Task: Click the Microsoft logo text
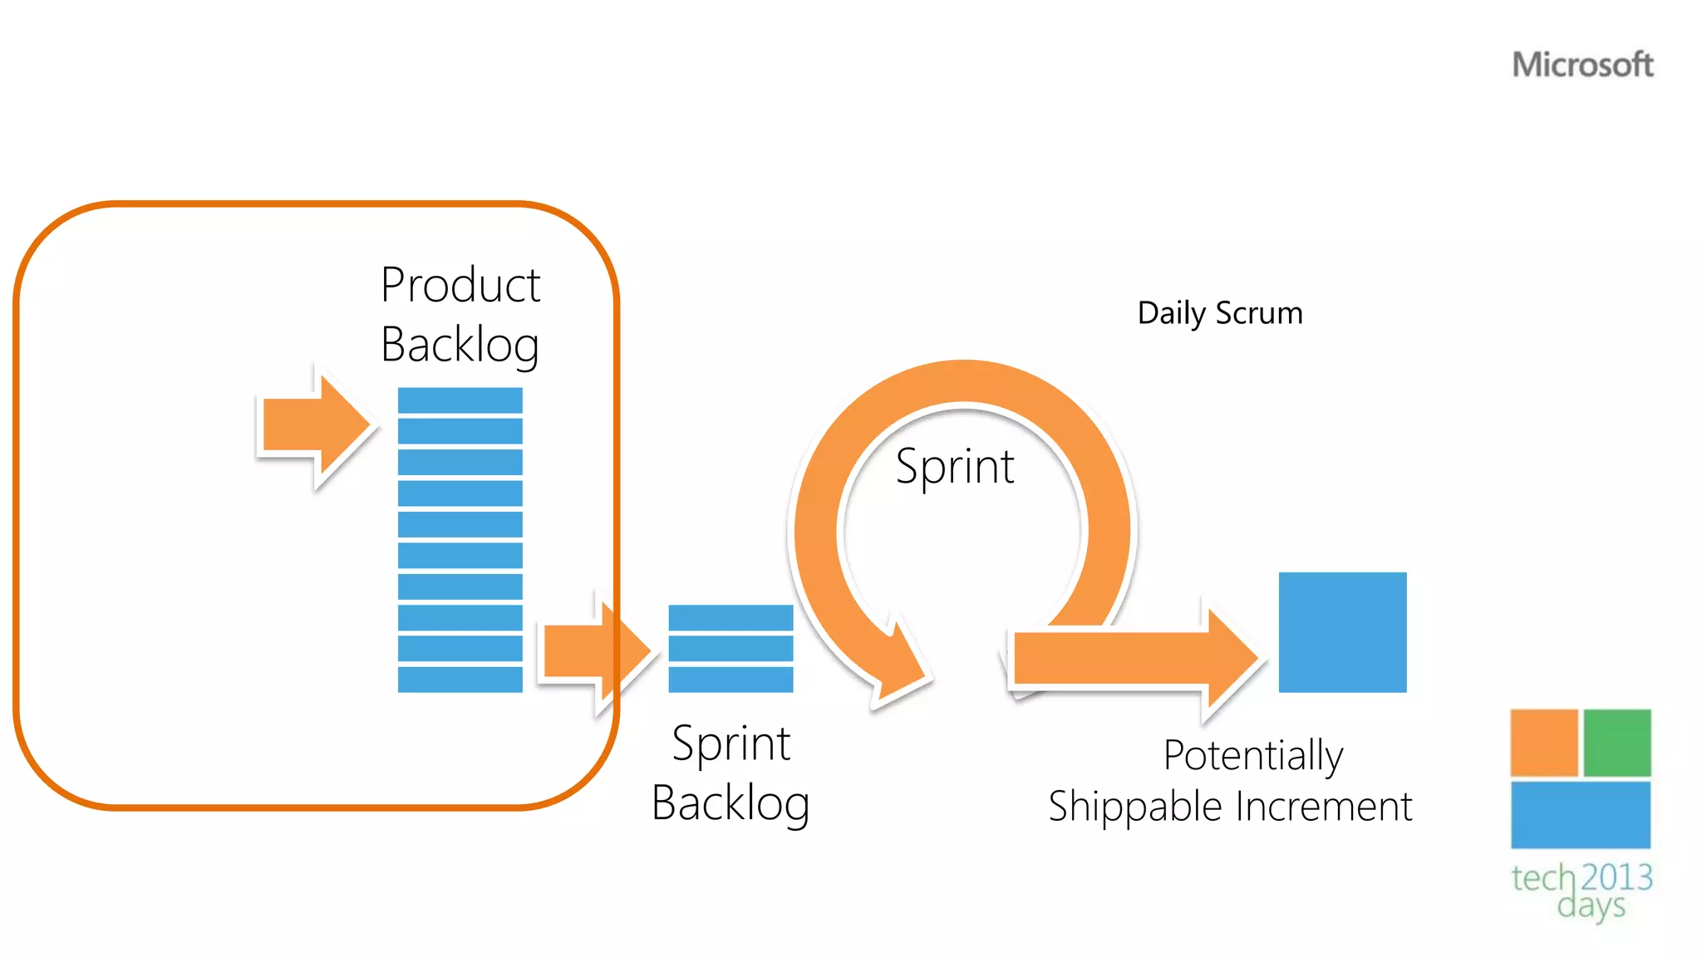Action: click(x=1581, y=65)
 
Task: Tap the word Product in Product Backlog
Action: click(x=460, y=285)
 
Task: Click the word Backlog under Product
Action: click(x=460, y=345)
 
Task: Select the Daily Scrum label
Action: click(x=1219, y=313)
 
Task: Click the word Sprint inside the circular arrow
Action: click(x=955, y=466)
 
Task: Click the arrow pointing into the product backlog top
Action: click(x=314, y=426)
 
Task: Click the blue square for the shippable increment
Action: click(x=1342, y=632)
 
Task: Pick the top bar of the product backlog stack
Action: click(x=460, y=400)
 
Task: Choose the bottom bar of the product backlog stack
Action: click(x=460, y=680)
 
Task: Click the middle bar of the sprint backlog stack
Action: click(x=730, y=649)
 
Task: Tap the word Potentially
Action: click(x=1252, y=755)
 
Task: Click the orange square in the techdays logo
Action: click(x=1543, y=743)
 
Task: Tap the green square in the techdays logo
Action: click(x=1616, y=743)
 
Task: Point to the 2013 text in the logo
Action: click(x=1616, y=877)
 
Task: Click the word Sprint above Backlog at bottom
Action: click(x=730, y=743)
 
